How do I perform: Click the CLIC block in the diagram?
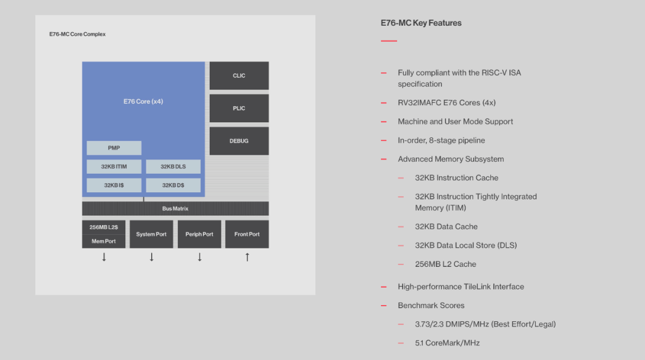(x=239, y=76)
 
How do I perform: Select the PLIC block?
(x=239, y=108)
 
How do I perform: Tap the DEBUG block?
(x=239, y=141)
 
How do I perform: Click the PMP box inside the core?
(x=114, y=148)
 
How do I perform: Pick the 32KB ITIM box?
(x=114, y=167)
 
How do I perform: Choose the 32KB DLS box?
(x=173, y=167)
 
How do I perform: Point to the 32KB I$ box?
(x=114, y=185)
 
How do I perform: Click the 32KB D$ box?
(x=173, y=185)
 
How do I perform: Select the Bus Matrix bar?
(x=175, y=208)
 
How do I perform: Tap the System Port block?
(x=151, y=234)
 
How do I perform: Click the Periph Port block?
(x=199, y=234)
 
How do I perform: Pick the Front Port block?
(x=247, y=234)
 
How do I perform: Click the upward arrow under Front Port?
(x=247, y=257)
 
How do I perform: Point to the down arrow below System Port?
(x=152, y=257)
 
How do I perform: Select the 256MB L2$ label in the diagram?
(x=104, y=227)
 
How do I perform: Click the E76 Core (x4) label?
(x=143, y=101)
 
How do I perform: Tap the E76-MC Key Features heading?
(x=421, y=23)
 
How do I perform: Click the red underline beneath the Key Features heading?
(x=389, y=41)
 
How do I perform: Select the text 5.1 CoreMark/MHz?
(x=447, y=343)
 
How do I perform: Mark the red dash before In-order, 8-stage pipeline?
(x=384, y=141)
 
